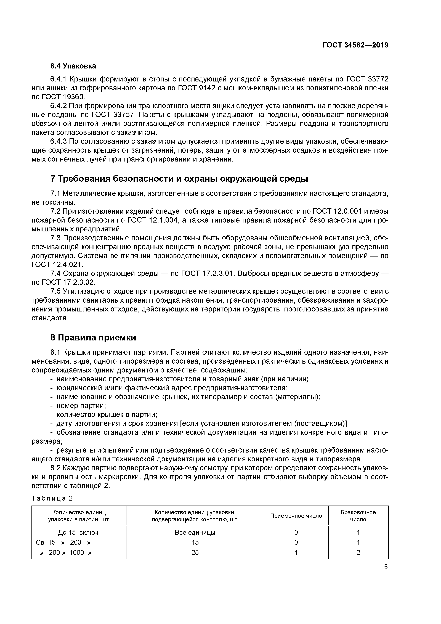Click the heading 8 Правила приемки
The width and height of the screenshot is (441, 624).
click(x=93, y=338)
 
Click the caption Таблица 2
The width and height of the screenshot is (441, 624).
click(x=52, y=498)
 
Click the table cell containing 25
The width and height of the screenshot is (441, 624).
click(x=195, y=552)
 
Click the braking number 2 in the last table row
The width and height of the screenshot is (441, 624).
click(x=358, y=552)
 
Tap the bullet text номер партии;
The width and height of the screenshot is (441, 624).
click(x=81, y=406)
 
